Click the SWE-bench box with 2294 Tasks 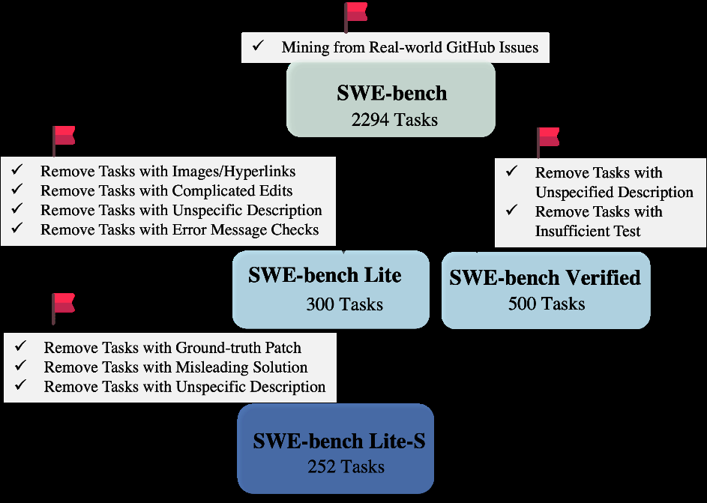click(391, 99)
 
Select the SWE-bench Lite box click(331, 289)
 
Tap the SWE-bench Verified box click(545, 290)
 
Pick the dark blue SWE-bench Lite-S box click(336, 448)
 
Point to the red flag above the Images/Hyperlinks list click(63, 139)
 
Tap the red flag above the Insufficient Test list click(547, 140)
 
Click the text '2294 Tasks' click(394, 119)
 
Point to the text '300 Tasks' click(344, 304)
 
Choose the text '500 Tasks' click(547, 304)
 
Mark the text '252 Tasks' click(346, 467)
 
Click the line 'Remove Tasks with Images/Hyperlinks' click(168, 171)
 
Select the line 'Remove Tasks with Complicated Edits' click(166, 190)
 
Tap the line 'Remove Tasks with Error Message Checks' click(180, 229)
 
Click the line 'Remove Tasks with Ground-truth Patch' click(172, 348)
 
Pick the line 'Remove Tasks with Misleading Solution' click(175, 367)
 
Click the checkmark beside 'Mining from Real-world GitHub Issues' click(258, 46)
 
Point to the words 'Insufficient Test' click(588, 231)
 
